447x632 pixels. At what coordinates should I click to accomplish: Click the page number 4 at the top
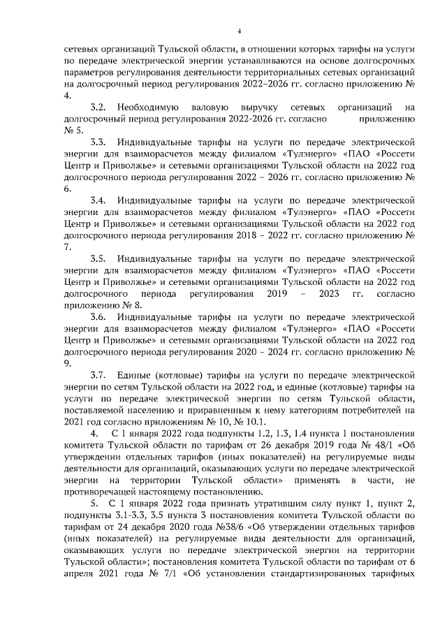pos(238,30)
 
